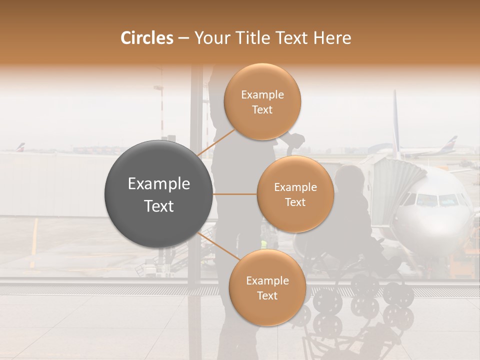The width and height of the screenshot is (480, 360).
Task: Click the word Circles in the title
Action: click(146, 38)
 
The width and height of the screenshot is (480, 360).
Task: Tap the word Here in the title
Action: click(331, 38)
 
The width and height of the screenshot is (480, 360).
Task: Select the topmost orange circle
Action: click(262, 101)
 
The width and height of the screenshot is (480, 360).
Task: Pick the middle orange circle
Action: click(295, 194)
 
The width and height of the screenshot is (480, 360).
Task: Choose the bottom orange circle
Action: click(267, 287)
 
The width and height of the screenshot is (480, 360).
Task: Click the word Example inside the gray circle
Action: click(159, 184)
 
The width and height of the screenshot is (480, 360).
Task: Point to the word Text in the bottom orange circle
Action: click(267, 295)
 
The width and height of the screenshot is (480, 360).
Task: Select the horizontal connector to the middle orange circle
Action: click(234, 194)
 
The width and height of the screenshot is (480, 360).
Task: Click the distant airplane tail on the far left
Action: click(20, 147)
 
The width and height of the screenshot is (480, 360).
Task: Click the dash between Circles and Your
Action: click(183, 38)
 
